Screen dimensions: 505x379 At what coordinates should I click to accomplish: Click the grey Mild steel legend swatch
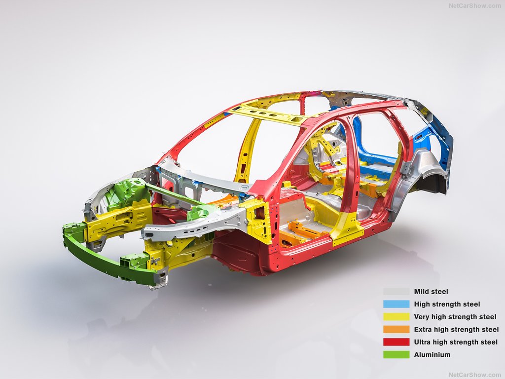click(x=396, y=291)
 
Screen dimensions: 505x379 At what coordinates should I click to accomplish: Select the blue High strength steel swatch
click(x=396, y=304)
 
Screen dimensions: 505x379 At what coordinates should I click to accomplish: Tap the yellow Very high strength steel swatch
click(x=396, y=316)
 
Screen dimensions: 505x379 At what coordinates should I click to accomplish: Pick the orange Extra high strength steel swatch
click(x=396, y=329)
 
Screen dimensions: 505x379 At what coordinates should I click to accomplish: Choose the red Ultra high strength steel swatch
click(x=396, y=342)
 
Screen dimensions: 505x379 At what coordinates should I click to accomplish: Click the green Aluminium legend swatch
click(x=396, y=354)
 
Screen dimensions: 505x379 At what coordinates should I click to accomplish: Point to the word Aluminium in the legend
click(x=432, y=354)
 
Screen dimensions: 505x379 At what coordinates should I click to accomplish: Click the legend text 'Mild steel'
click(x=431, y=291)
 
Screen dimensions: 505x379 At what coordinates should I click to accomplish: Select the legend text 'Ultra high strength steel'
click(x=456, y=342)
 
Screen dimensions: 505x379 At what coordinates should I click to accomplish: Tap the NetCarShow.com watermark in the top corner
click(x=475, y=5)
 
